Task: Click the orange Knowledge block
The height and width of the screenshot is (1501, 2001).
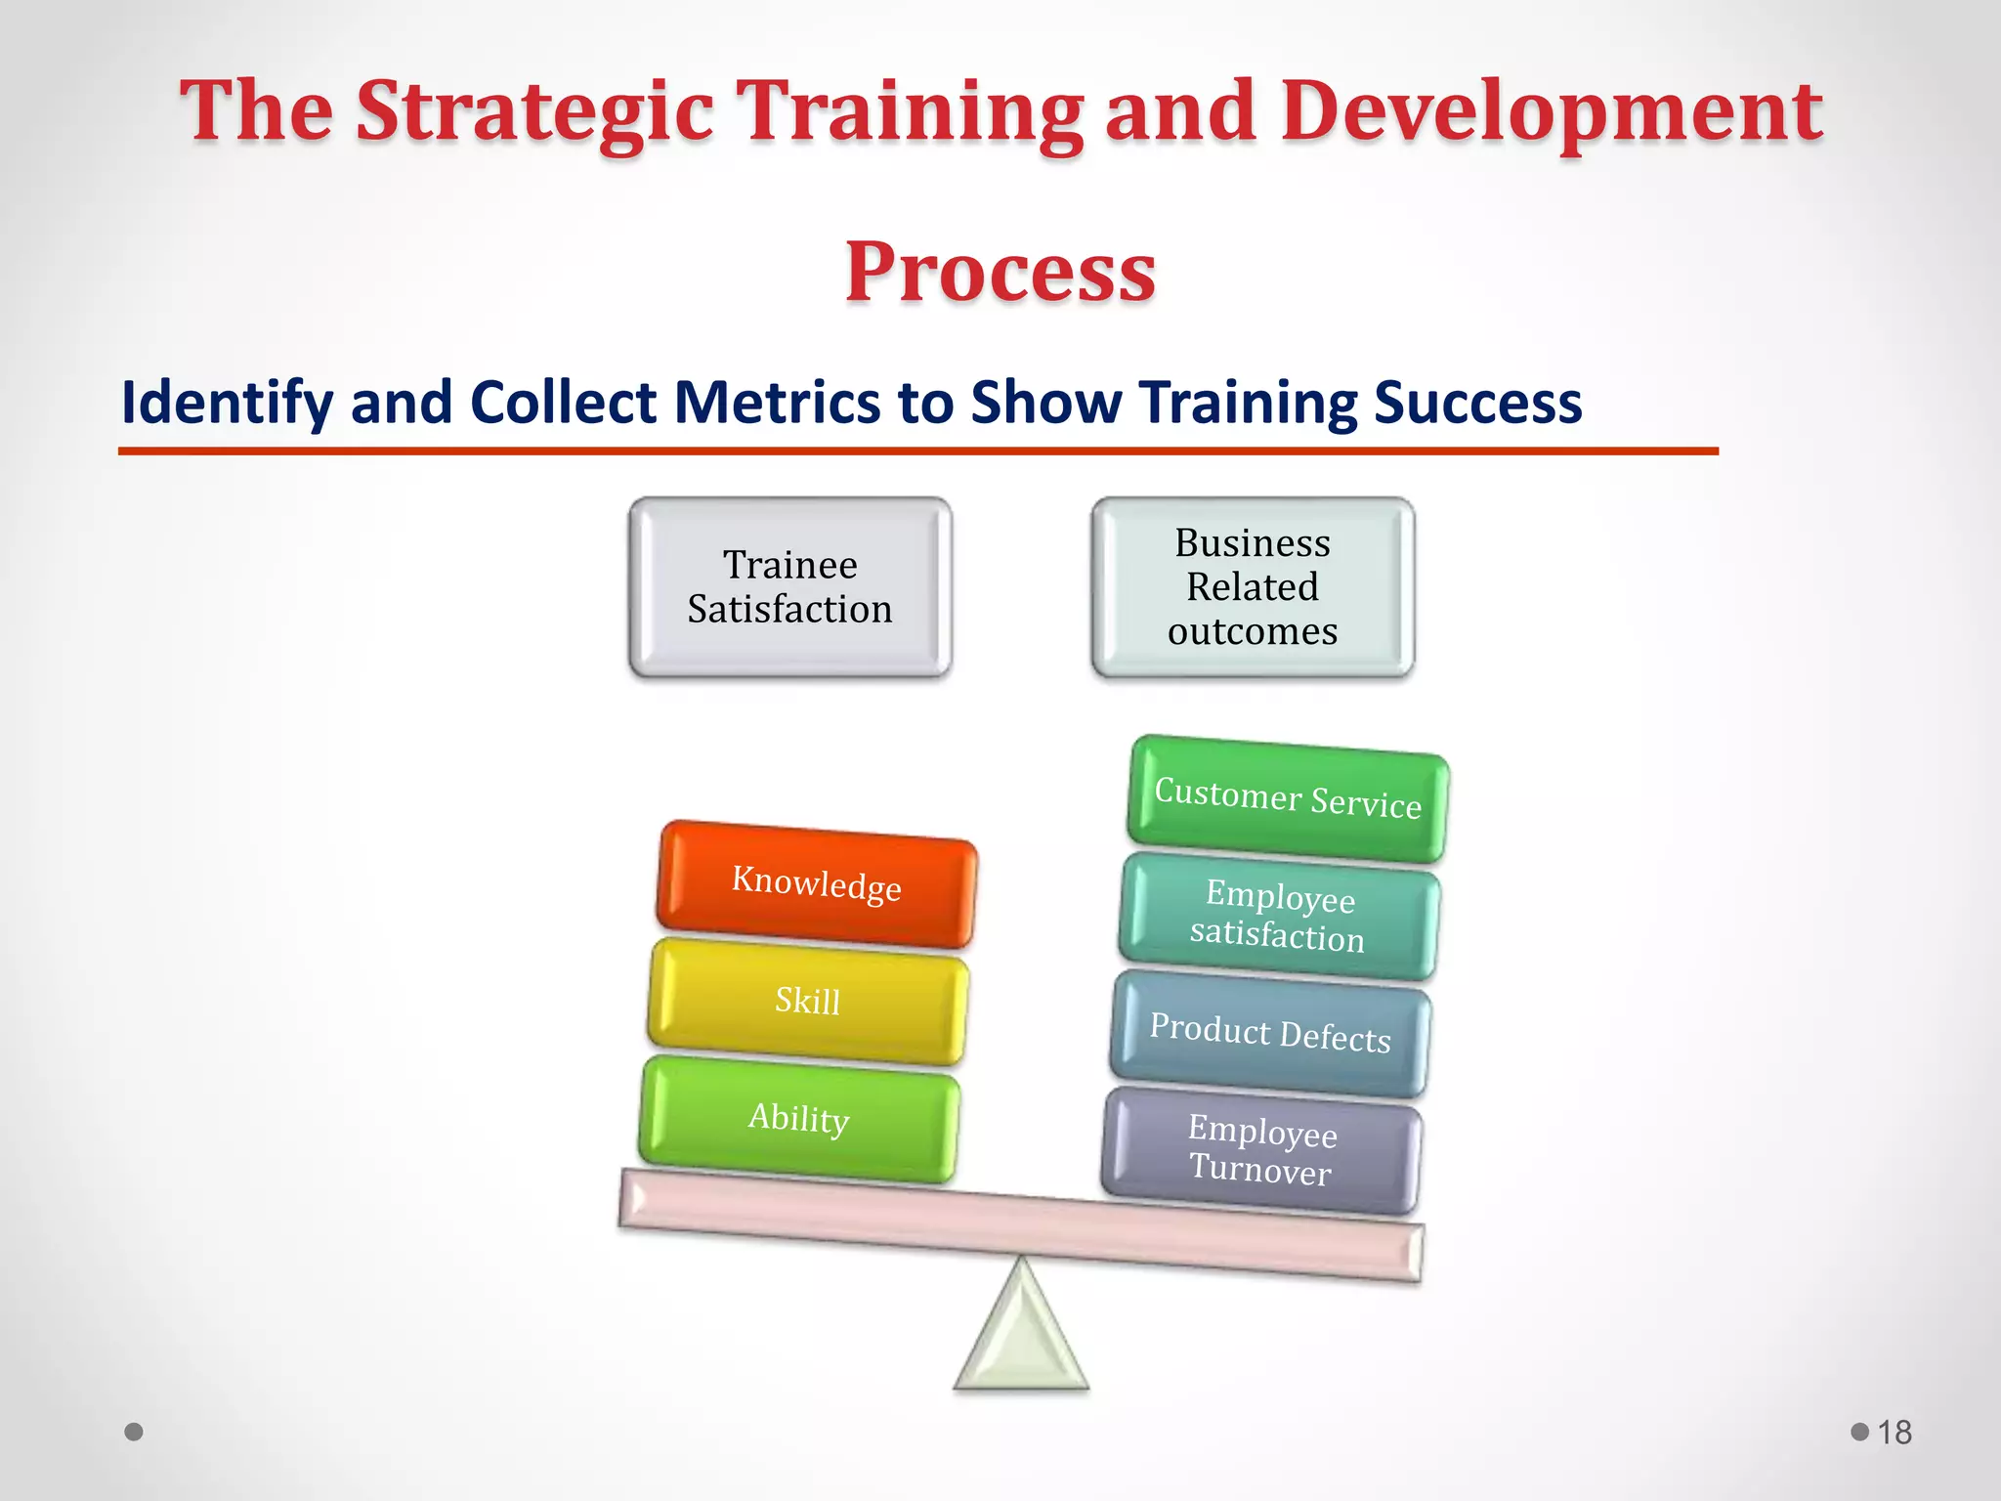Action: coord(817,884)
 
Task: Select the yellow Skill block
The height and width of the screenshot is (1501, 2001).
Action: coord(808,1002)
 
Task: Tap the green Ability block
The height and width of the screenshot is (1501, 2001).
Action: coord(799,1119)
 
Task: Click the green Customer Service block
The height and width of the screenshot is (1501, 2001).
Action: coord(1288,798)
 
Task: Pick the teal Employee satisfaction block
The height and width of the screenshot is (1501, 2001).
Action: coord(1279,917)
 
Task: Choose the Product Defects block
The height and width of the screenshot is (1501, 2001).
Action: coord(1270,1034)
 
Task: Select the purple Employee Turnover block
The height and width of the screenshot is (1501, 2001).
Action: coord(1261,1151)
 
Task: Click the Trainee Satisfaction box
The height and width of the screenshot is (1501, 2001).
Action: coord(789,587)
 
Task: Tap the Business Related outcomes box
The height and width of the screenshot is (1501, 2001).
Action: coord(1253,587)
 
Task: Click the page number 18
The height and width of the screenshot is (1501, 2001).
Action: coord(1895,1433)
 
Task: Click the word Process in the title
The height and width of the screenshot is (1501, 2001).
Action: coord(1000,272)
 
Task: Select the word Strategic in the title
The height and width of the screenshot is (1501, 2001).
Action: coord(533,112)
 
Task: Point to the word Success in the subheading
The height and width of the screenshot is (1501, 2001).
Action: coord(1477,403)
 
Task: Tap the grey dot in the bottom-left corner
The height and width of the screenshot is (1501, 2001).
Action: coord(134,1432)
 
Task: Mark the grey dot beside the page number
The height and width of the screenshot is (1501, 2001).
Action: coord(1859,1432)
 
